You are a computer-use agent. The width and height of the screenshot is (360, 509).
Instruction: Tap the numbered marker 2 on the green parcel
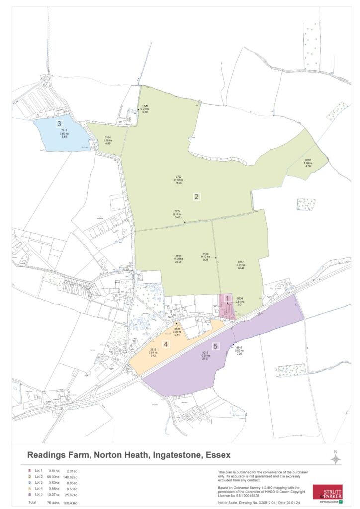[x=196, y=197]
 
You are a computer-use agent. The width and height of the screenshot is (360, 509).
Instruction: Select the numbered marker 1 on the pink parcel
[x=227, y=299]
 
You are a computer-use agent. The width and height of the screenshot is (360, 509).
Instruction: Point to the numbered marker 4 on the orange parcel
[x=166, y=343]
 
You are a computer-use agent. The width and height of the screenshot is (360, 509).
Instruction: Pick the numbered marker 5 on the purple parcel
[x=215, y=347]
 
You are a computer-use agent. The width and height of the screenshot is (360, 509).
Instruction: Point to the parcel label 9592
[x=308, y=160]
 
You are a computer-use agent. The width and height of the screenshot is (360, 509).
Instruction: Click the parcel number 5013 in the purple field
[x=205, y=355]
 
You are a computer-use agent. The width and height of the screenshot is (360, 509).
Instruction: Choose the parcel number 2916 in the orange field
[x=154, y=350]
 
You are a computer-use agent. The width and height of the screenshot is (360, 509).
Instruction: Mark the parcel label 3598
[x=178, y=255]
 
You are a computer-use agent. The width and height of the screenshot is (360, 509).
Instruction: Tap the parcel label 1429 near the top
[x=146, y=106]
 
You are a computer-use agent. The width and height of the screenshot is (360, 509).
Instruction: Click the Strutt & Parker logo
[x=327, y=493]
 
